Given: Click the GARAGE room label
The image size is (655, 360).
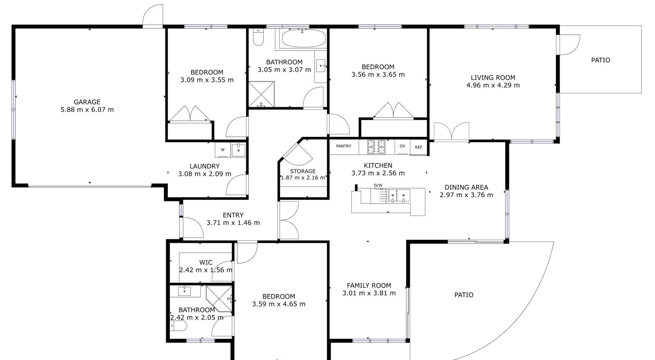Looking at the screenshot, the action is (87, 102).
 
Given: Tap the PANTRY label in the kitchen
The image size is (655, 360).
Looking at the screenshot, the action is (343, 146).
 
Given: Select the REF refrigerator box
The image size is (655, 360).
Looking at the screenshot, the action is (418, 147).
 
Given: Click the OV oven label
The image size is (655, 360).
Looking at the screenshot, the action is (402, 146).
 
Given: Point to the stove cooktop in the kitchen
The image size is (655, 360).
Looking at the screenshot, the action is (377, 147).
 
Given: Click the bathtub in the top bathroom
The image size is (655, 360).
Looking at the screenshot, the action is (304, 38).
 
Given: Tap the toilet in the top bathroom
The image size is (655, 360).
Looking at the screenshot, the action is (258, 37).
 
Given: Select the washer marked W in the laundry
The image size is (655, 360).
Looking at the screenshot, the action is (223, 150).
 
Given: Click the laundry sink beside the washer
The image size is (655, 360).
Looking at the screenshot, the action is (239, 150).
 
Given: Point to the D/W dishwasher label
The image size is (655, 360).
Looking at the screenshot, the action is (378, 185).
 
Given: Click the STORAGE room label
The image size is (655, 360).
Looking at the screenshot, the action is (303, 171).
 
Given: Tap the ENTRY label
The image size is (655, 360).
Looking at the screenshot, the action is (233, 215).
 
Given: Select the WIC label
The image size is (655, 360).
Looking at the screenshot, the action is (206, 263).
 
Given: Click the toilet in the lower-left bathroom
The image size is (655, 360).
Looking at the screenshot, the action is (178, 326).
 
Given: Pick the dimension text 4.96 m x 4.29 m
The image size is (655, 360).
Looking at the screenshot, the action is (493, 86).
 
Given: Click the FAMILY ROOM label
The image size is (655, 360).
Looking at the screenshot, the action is (369, 285).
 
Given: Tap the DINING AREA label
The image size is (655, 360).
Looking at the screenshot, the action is (466, 188).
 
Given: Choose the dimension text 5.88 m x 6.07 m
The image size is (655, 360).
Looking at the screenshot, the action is (87, 110).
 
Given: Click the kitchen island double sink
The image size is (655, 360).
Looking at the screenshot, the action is (399, 196).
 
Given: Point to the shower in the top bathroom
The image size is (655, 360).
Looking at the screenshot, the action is (262, 94).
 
